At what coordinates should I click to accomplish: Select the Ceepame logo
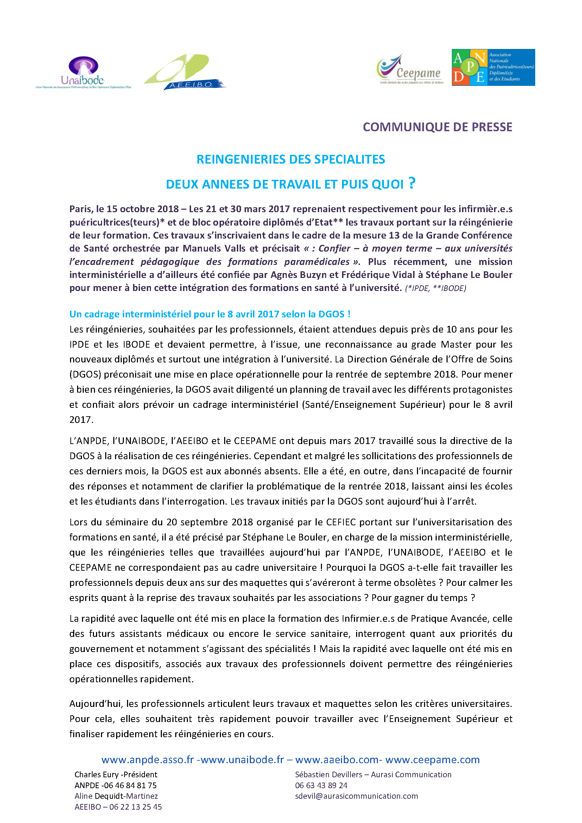pyautogui.click(x=410, y=69)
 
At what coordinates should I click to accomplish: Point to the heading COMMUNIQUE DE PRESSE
pyautogui.click(x=437, y=127)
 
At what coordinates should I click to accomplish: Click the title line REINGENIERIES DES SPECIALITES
pyautogui.click(x=291, y=159)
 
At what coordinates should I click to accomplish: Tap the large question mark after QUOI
pyautogui.click(x=412, y=183)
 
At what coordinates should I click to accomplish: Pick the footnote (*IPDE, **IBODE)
pyautogui.click(x=435, y=288)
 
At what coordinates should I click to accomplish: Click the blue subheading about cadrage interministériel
pyautogui.click(x=210, y=314)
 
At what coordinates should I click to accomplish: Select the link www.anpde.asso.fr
pyautogui.click(x=148, y=760)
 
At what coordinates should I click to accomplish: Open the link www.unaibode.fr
pyautogui.click(x=243, y=760)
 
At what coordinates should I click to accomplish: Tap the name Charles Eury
pyautogui.click(x=96, y=774)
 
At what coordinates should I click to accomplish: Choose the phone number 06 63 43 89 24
pyautogui.click(x=321, y=785)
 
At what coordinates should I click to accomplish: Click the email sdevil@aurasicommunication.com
pyautogui.click(x=356, y=796)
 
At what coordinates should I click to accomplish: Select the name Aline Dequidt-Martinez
pyautogui.click(x=116, y=796)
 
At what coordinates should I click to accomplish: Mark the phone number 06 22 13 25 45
pyautogui.click(x=135, y=807)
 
